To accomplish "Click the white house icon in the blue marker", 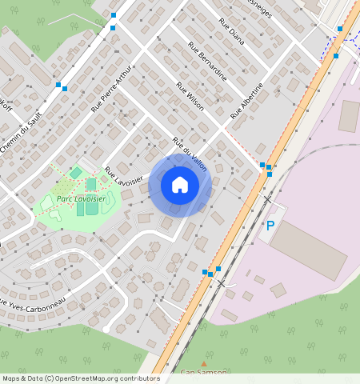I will click(180, 185).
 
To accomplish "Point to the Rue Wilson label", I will click(190, 97).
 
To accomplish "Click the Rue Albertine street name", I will click(246, 101).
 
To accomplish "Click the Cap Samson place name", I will click(203, 373).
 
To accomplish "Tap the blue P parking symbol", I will click(270, 226).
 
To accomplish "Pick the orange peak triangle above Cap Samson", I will click(203, 363).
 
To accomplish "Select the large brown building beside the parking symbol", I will click(308, 249).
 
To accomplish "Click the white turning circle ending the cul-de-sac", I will click(106, 329).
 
